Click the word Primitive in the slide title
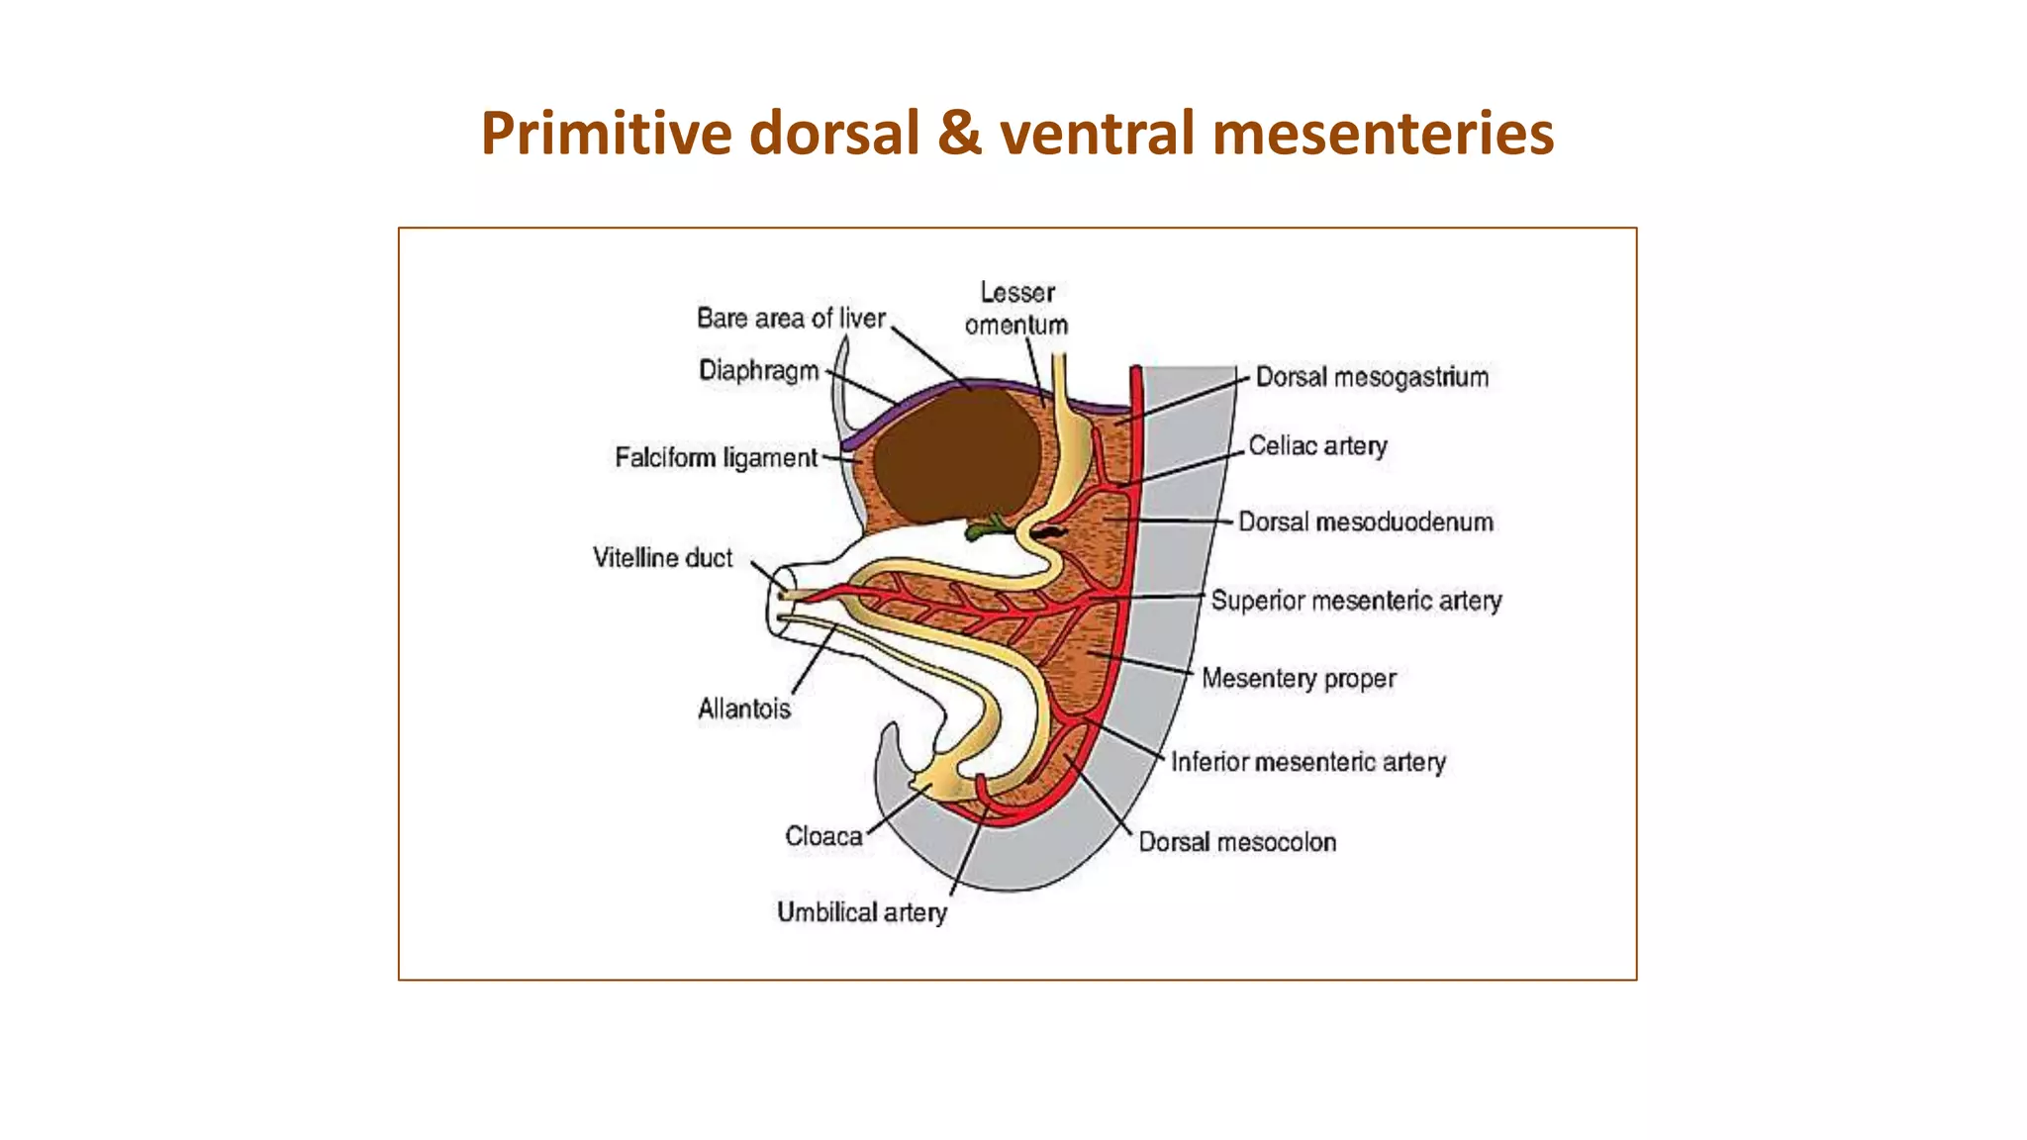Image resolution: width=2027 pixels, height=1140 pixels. coord(607,134)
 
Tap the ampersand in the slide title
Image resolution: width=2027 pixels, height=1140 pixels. coord(959,134)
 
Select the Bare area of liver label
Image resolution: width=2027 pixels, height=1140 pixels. coord(791,319)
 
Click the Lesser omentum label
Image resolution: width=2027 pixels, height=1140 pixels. coord(1016,309)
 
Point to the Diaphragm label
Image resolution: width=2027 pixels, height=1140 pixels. coord(759,371)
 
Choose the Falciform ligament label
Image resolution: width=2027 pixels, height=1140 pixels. coord(716,458)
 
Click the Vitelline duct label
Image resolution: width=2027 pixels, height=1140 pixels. coord(662,558)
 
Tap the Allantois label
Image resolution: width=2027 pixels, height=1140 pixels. coord(744,709)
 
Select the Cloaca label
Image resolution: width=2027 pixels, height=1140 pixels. coord(823,836)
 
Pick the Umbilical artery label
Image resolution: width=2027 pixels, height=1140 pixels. coord(861,912)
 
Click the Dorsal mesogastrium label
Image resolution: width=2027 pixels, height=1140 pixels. coord(1372,377)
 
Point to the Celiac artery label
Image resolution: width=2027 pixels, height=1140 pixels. coord(1317,446)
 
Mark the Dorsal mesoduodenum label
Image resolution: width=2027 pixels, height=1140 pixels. coord(1366,522)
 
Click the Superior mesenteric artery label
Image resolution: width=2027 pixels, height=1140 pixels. coord(1356,601)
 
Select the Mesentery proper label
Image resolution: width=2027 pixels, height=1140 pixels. coord(1299,679)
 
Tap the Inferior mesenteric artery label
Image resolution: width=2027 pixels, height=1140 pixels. coord(1308,762)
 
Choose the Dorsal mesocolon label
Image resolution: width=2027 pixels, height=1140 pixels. coord(1237,842)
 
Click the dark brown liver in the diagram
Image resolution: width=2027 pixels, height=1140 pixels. coord(955,455)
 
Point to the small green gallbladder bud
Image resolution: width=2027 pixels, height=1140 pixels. coord(985,528)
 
